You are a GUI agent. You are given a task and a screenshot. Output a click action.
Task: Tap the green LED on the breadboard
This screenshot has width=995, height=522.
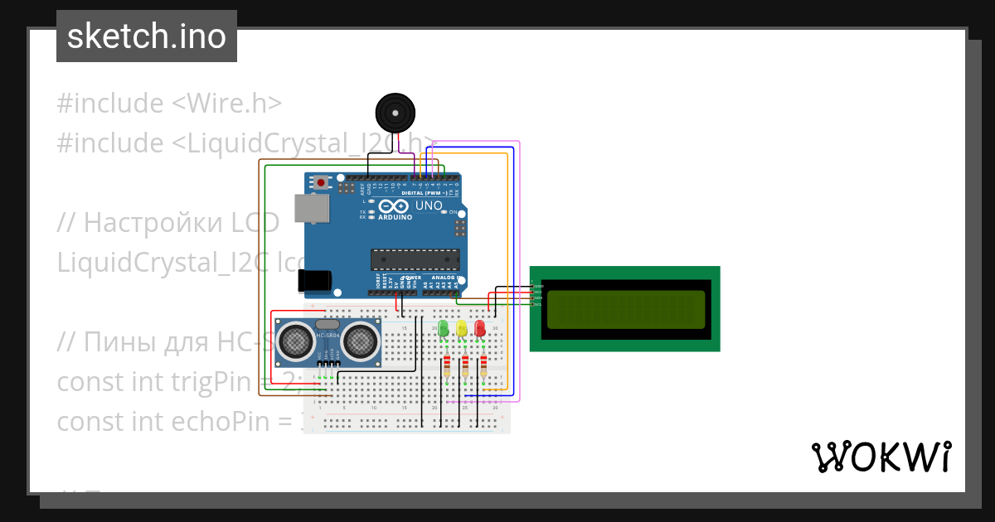click(444, 328)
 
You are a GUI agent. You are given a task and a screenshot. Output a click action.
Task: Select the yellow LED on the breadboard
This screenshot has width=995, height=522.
click(462, 328)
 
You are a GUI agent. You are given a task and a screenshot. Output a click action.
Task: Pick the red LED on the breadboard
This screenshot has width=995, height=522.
click(480, 328)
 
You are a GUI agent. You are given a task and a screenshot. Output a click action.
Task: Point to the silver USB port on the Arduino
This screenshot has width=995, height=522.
click(311, 209)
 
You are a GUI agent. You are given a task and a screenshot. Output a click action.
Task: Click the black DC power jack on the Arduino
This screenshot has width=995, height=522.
click(317, 280)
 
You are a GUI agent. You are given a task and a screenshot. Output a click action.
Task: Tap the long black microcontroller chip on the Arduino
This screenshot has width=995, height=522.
click(415, 259)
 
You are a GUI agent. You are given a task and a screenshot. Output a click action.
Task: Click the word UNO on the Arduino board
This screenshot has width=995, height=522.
click(428, 205)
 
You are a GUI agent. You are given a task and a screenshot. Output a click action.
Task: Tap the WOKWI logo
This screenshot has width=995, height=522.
click(881, 457)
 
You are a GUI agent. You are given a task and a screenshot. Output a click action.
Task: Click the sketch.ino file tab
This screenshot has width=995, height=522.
click(147, 36)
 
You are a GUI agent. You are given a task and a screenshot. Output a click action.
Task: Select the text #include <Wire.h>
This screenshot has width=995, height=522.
click(169, 104)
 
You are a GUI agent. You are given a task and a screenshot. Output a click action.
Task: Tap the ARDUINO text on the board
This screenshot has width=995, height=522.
click(395, 217)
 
